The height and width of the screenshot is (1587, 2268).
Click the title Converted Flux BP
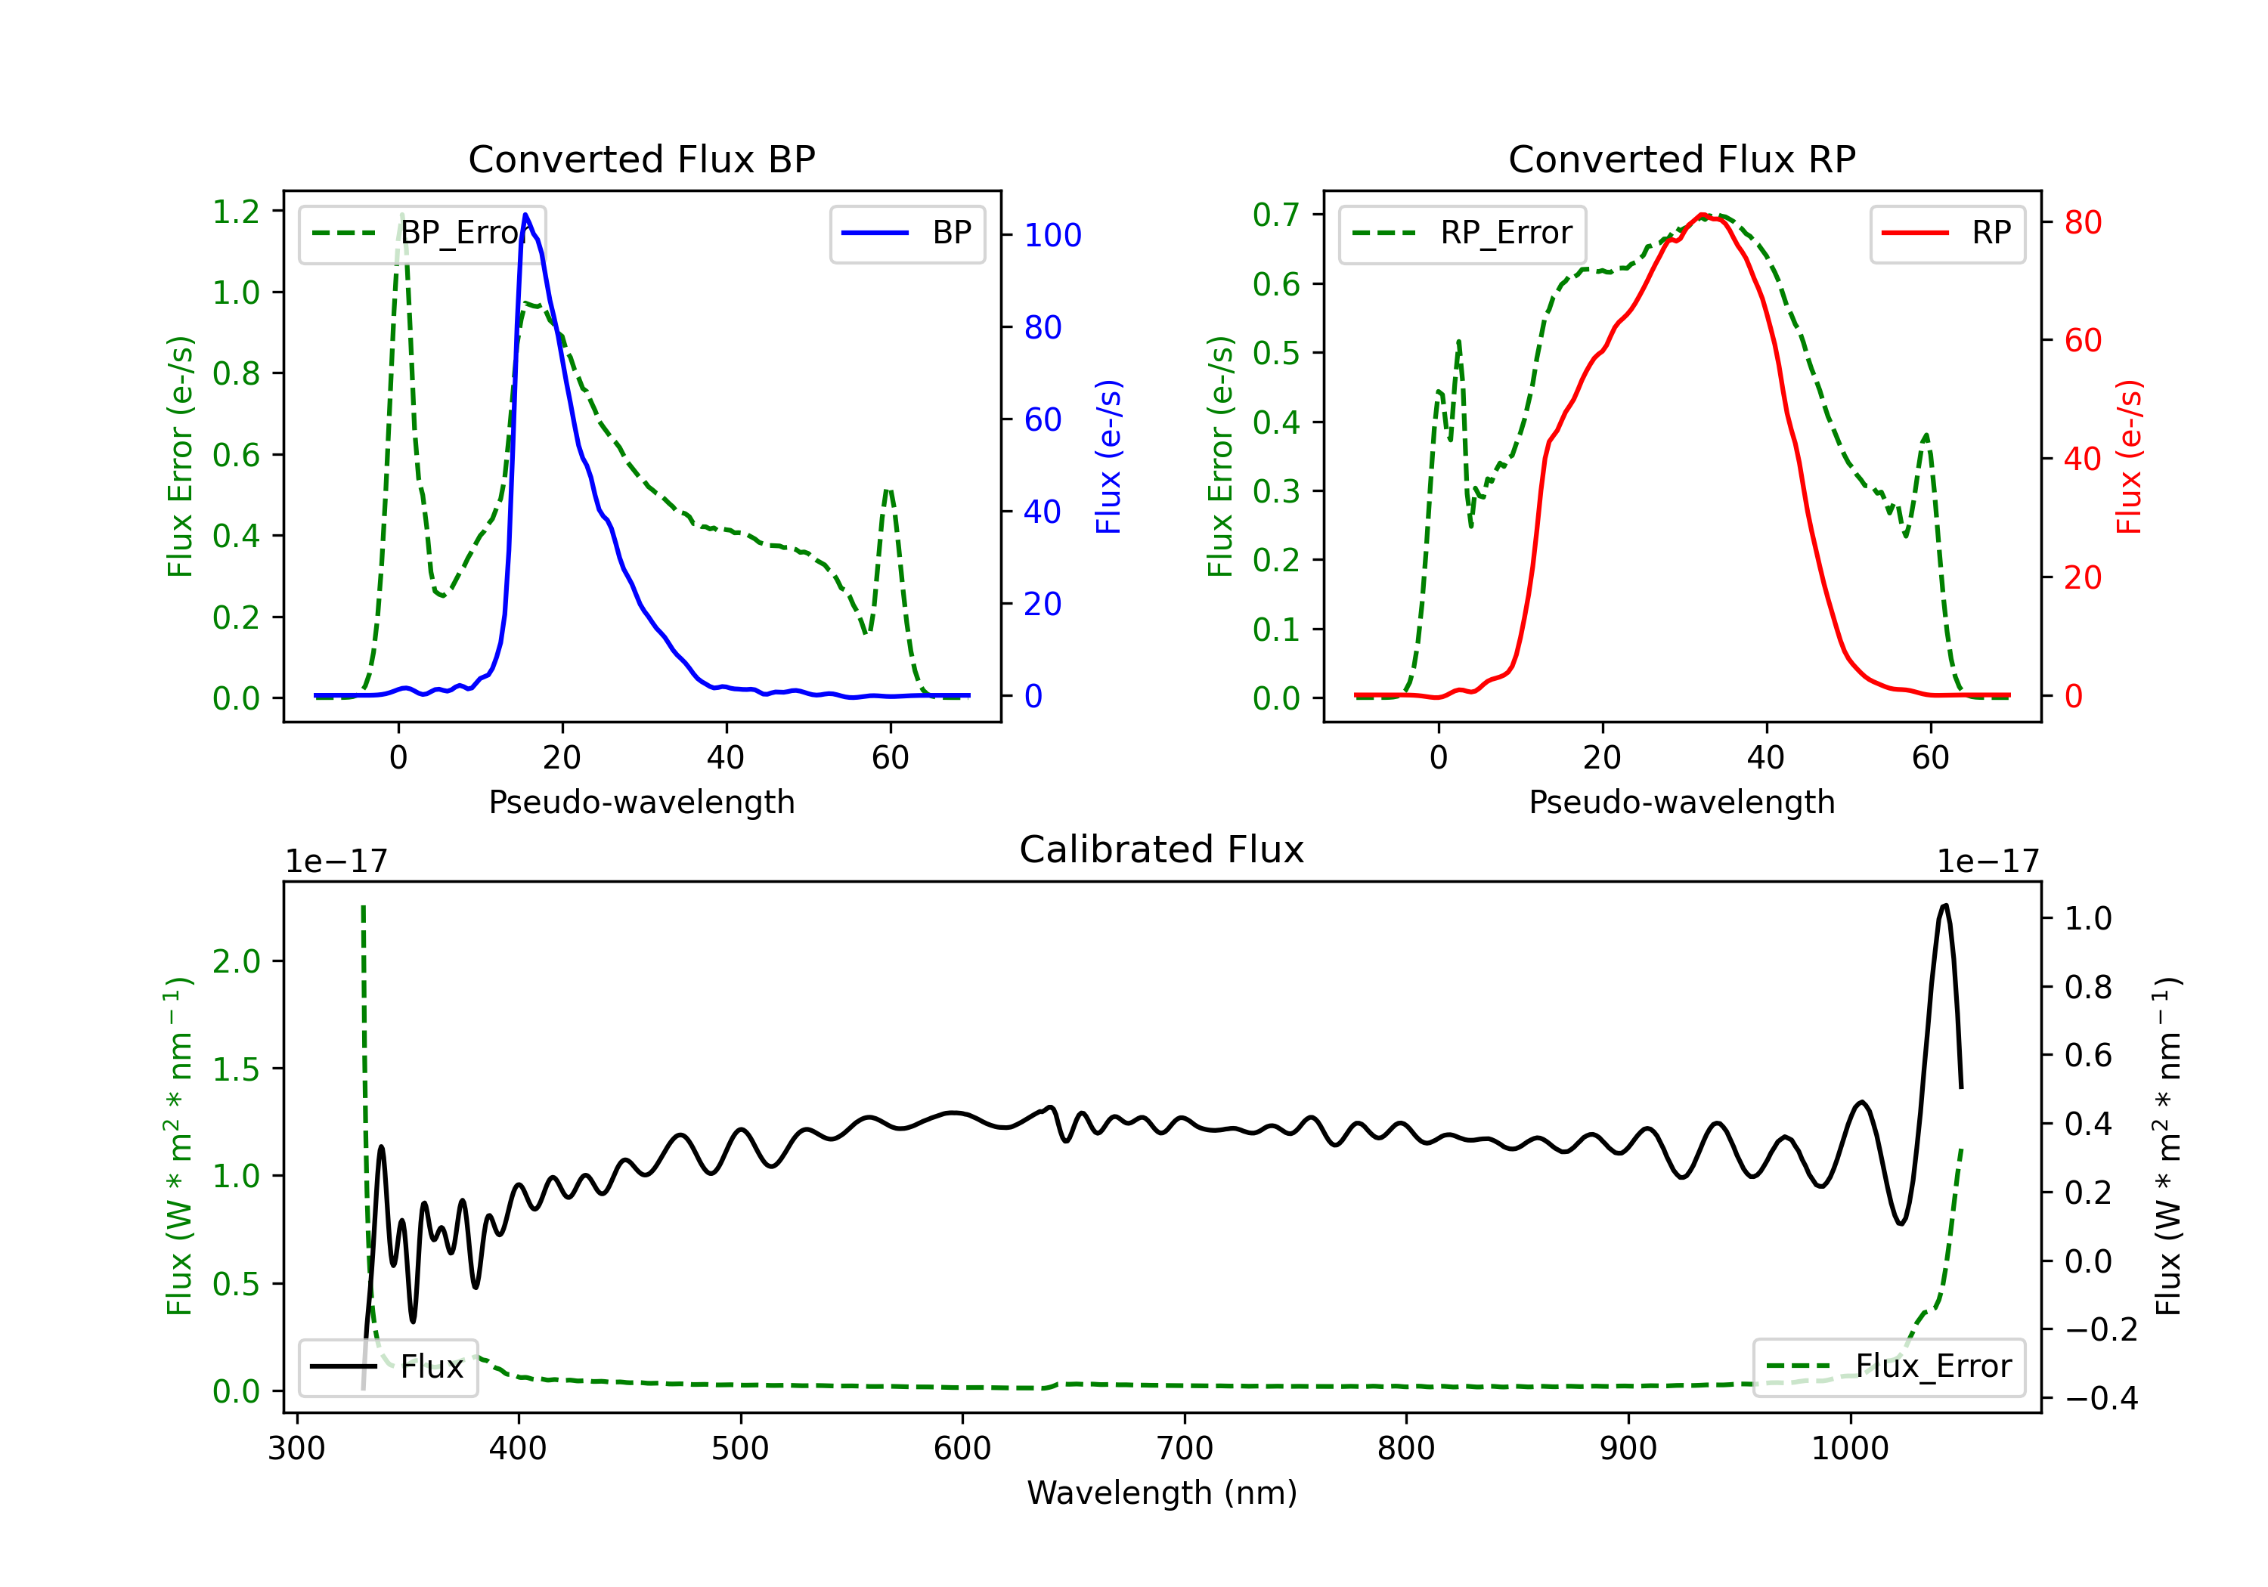tap(641, 159)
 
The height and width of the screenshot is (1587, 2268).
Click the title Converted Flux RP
tap(1681, 159)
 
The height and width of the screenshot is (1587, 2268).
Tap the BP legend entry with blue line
tap(906, 233)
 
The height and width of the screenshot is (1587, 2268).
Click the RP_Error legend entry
tap(1462, 233)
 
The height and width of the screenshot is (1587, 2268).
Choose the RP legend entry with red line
tap(1947, 233)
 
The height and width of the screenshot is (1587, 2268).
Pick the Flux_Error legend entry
tap(1888, 1367)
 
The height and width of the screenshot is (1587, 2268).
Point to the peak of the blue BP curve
tap(525, 215)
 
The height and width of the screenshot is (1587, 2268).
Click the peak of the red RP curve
tap(1701, 215)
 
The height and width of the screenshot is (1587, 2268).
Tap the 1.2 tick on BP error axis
tap(236, 212)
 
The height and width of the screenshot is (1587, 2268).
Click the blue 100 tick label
tap(1053, 235)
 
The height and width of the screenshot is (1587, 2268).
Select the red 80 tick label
tap(2082, 222)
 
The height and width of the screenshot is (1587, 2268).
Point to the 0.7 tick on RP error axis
tap(1276, 215)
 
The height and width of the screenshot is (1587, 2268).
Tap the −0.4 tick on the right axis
tap(2101, 1398)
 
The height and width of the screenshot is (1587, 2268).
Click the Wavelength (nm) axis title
tap(1162, 1493)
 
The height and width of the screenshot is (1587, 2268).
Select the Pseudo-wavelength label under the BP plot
tap(642, 802)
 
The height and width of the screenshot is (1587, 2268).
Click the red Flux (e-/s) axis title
tap(2129, 457)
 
